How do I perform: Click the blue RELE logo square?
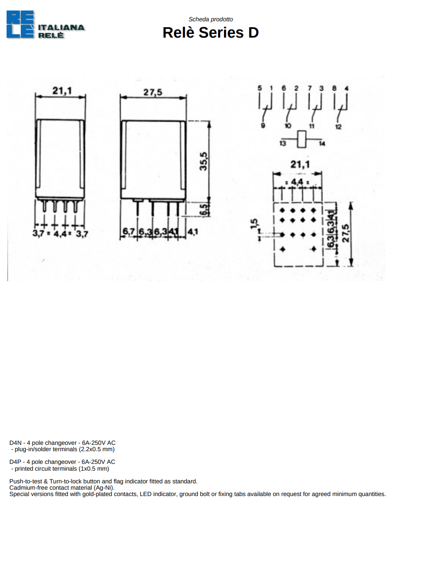[20, 24]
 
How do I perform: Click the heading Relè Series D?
[210, 33]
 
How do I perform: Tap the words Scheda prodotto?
[210, 19]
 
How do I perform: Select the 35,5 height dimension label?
[203, 161]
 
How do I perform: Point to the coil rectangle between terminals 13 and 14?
[302, 139]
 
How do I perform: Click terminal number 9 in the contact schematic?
[263, 125]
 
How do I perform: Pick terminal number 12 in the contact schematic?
[338, 127]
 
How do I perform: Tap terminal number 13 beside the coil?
[282, 144]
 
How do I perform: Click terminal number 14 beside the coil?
[322, 144]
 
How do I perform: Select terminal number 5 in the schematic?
[259, 88]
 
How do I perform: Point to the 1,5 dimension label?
[254, 224]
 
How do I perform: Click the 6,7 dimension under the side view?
[129, 231]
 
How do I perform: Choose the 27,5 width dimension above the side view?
[153, 92]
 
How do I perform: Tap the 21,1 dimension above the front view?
[62, 91]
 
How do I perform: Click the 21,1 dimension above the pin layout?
[300, 164]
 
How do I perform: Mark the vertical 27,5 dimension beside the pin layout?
[345, 233]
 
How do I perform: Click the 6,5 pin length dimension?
[205, 210]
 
